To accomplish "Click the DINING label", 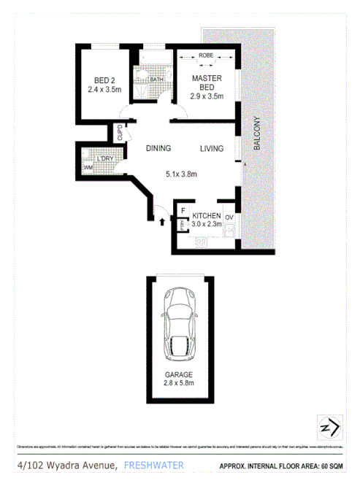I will tap(158, 148).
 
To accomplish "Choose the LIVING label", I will tap(212, 148).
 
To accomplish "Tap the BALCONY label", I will tap(256, 134).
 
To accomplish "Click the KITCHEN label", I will tap(207, 216).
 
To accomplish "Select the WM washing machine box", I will tap(88, 169).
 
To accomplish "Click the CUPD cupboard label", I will tap(120, 134).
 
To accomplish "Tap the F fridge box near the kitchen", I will tap(183, 212).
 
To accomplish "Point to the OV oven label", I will tap(229, 217).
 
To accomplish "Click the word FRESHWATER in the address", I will tap(154, 465).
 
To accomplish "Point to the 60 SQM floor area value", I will tap(335, 466).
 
